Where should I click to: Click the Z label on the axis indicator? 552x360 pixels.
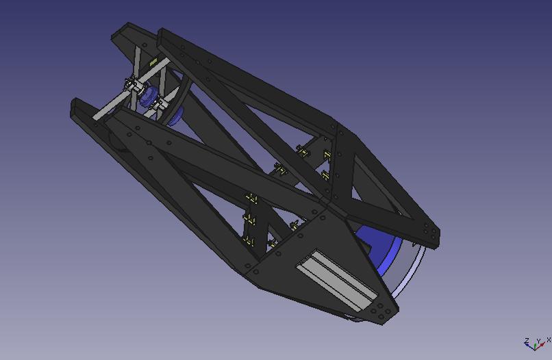coord(526,340)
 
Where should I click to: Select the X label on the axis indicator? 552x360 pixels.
coord(549,339)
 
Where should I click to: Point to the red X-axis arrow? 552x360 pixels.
coord(541,346)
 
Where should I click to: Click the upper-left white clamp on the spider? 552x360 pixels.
coord(129,84)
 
